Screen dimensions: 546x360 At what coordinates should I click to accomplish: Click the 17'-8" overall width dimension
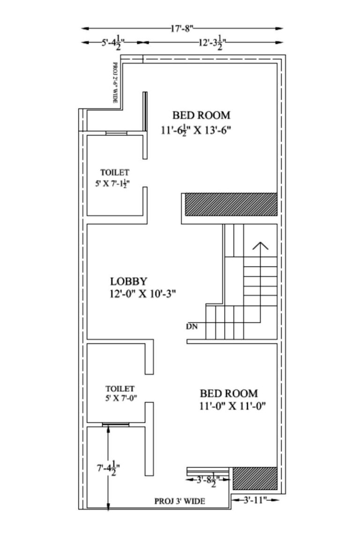click(182, 29)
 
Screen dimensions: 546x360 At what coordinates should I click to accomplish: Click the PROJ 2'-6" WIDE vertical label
click(115, 83)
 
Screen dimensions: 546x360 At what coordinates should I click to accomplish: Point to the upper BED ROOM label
click(201, 115)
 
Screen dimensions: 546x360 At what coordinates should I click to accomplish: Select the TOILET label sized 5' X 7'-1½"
click(114, 173)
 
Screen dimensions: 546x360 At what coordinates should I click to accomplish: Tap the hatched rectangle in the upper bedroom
click(231, 205)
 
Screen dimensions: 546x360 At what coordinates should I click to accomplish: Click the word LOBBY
click(129, 281)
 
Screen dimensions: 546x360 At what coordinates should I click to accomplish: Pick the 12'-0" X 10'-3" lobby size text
click(143, 294)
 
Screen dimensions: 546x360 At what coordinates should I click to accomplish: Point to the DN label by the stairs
click(192, 326)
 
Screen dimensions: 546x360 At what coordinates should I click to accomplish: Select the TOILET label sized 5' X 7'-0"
click(120, 389)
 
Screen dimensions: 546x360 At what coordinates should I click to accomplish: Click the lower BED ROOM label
click(229, 393)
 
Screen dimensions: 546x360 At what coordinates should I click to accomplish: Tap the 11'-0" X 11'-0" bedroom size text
click(232, 406)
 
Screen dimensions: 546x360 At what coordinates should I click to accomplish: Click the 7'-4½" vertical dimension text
click(107, 468)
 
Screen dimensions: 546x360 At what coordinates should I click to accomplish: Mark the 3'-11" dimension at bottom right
click(255, 500)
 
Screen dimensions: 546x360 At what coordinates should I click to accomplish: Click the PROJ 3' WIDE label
click(180, 501)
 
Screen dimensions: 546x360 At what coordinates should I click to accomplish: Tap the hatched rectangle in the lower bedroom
click(255, 478)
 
